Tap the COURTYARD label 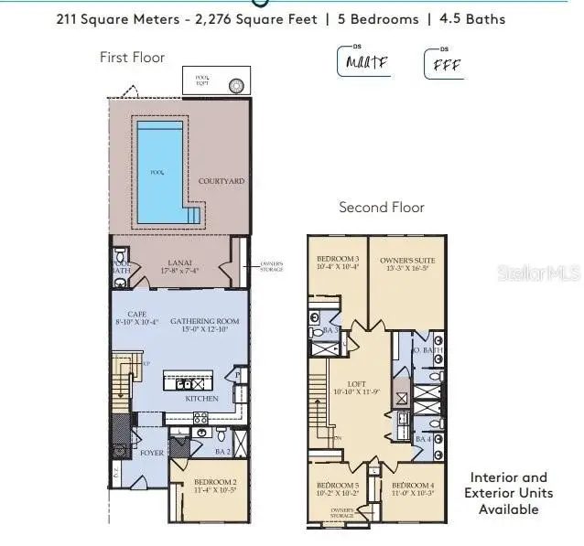(x=222, y=182)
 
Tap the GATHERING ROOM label (x=198, y=321)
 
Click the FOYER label (x=151, y=451)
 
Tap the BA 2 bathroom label (x=222, y=451)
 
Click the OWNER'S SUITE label (x=407, y=261)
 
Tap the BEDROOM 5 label (x=338, y=486)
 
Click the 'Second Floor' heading (x=382, y=208)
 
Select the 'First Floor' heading (x=133, y=57)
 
